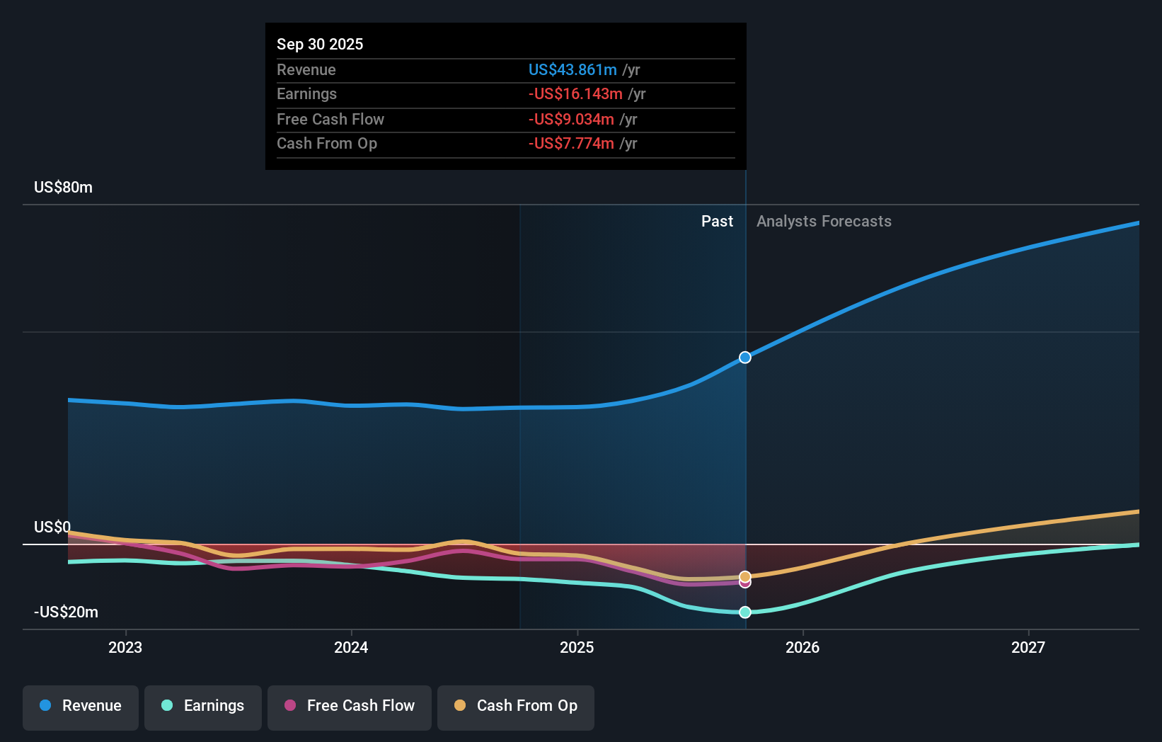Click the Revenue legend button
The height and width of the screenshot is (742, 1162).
pyautogui.click(x=81, y=707)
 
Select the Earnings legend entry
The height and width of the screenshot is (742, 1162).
pyautogui.click(x=203, y=707)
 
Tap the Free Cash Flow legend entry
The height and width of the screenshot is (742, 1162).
pyautogui.click(x=350, y=707)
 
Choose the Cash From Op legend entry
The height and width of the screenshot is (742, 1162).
pyautogui.click(x=516, y=707)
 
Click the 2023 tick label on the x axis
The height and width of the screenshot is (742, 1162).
pyautogui.click(x=125, y=647)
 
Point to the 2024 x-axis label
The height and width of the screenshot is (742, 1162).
pyautogui.click(x=351, y=647)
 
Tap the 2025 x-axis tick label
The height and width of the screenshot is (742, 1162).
pyautogui.click(x=577, y=647)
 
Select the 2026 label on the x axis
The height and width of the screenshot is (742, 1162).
pyautogui.click(x=803, y=647)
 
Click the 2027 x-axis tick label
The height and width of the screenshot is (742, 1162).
pyautogui.click(x=1028, y=647)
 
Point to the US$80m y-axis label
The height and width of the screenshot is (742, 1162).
pyautogui.click(x=64, y=188)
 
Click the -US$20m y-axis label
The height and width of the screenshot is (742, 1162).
pyautogui.click(x=67, y=612)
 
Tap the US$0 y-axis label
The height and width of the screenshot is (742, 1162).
pyautogui.click(x=52, y=527)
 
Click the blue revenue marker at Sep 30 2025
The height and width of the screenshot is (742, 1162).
pyautogui.click(x=745, y=358)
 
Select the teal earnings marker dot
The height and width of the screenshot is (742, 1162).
pyautogui.click(x=745, y=612)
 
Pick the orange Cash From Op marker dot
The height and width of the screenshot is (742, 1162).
pyautogui.click(x=745, y=576)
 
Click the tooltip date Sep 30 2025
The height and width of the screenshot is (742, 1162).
pyautogui.click(x=320, y=45)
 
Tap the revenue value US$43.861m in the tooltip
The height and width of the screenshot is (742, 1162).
pyautogui.click(x=573, y=70)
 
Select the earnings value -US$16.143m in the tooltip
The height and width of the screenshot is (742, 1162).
pyautogui.click(x=575, y=94)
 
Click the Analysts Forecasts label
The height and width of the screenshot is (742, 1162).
pyautogui.click(x=824, y=222)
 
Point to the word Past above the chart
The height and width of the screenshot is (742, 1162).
pyautogui.click(x=717, y=222)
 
